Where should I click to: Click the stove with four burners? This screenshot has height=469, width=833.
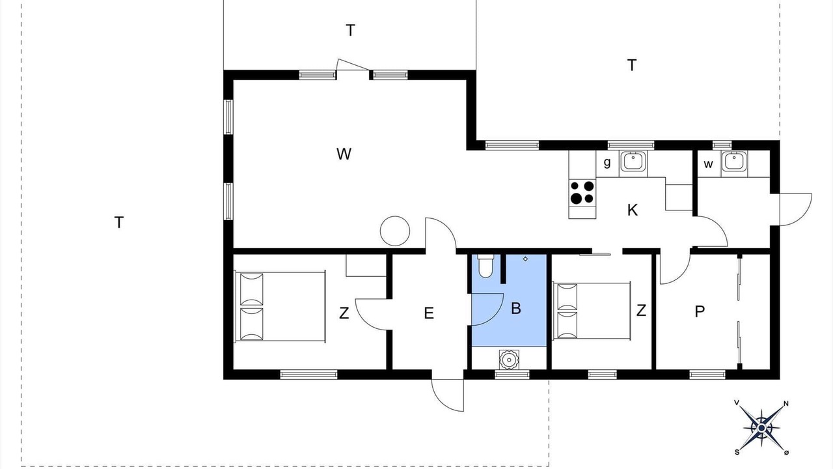[x=582, y=193]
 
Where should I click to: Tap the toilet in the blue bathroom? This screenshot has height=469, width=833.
[x=485, y=266]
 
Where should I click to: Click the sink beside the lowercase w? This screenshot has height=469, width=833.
[x=734, y=162]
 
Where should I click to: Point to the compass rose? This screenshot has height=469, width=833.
[x=761, y=429]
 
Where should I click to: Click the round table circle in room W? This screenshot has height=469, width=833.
[x=395, y=231]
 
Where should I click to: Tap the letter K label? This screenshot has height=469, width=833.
[x=632, y=210]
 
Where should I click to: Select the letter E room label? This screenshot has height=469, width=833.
[x=429, y=313]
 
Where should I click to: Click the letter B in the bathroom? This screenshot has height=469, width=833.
[x=516, y=308]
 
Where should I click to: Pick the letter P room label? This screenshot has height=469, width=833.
[x=700, y=311]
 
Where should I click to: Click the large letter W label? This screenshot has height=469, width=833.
[x=344, y=154]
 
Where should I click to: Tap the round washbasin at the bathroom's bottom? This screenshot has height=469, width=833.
[x=509, y=360]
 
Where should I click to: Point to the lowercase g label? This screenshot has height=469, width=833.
[x=607, y=162]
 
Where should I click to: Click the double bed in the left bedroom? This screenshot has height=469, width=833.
[x=280, y=306]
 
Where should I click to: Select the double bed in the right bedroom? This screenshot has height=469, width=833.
[x=592, y=311]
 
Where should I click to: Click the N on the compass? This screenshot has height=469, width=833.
[x=786, y=403]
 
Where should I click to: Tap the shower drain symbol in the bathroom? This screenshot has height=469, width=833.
[x=525, y=259]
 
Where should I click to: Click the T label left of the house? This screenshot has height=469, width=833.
[x=118, y=223]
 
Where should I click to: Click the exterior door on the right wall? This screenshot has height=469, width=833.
[x=796, y=210]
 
